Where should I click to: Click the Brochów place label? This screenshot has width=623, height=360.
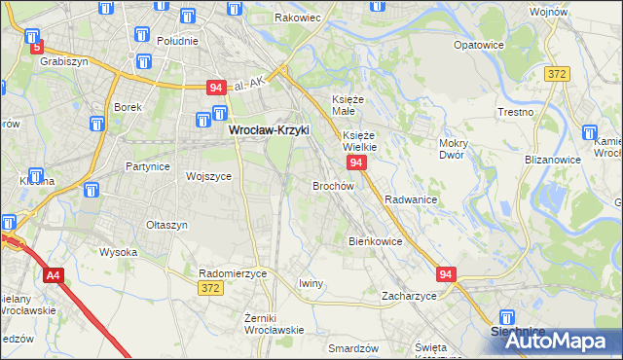pos(332,185)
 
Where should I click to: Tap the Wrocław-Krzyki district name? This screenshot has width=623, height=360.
pos(268,127)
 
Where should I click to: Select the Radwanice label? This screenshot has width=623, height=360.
pos(410,198)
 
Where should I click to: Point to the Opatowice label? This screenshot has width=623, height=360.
pos(478,45)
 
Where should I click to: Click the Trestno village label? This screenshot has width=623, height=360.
pos(516,112)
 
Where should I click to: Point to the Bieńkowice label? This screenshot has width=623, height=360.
pos(375,240)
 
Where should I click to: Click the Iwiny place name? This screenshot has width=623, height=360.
pos(311,283)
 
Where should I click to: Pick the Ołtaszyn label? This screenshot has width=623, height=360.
pos(165,225)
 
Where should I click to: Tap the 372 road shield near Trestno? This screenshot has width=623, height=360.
pos(557,74)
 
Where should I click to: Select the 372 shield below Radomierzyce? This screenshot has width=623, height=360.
pos(208,288)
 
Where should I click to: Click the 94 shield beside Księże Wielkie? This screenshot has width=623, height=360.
pos(356,162)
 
